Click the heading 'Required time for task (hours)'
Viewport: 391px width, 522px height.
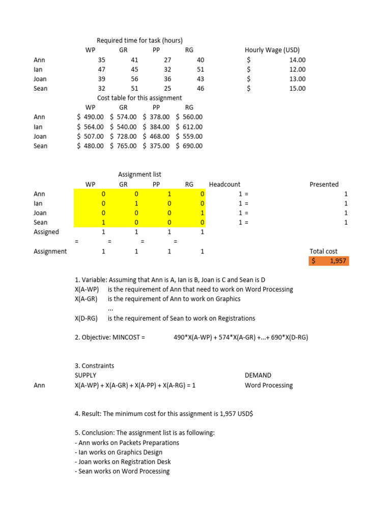[x=139, y=40]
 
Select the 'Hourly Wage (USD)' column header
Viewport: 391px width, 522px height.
[x=272, y=50]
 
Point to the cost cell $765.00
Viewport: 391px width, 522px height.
[x=123, y=146]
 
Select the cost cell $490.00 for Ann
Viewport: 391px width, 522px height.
[x=90, y=117]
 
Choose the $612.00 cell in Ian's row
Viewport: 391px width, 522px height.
[x=189, y=126]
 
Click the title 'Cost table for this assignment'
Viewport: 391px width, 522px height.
[x=139, y=98]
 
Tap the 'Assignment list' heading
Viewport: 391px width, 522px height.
[x=139, y=174]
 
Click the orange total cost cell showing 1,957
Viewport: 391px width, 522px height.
[x=328, y=261]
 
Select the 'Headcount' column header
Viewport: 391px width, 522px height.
[x=225, y=184]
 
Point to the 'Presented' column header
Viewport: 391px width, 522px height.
[x=324, y=184]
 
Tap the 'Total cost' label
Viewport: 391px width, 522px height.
[x=323, y=251]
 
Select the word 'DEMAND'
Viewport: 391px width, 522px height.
[x=258, y=375]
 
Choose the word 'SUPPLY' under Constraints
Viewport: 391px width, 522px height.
[x=86, y=375]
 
